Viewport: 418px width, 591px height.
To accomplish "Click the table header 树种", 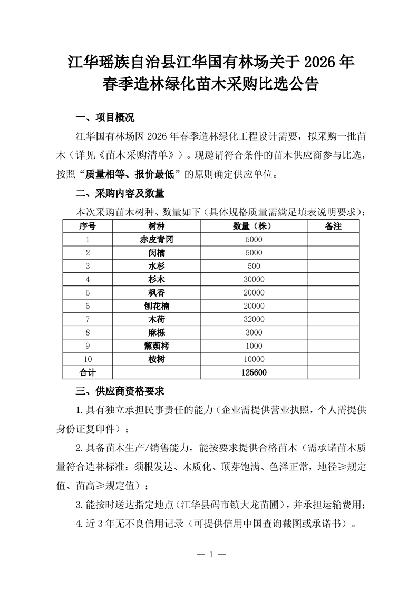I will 157,226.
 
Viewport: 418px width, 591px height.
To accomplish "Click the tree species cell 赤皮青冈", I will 157,240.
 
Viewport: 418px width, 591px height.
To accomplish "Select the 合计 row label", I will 88,372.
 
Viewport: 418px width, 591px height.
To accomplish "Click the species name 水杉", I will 157,266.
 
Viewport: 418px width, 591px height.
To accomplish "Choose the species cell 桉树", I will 157,359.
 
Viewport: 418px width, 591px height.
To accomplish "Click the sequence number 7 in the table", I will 88,319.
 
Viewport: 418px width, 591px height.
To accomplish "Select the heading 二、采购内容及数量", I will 121,193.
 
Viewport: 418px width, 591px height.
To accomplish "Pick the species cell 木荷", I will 157,319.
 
